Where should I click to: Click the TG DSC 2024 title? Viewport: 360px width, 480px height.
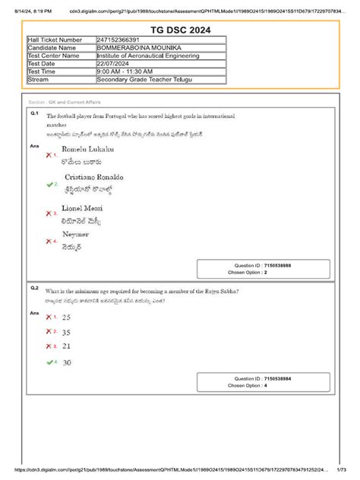(x=180, y=29)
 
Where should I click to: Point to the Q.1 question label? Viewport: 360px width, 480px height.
(x=35, y=112)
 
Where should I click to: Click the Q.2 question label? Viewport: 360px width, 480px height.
(x=35, y=289)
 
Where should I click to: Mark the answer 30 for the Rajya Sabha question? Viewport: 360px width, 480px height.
(x=67, y=363)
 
